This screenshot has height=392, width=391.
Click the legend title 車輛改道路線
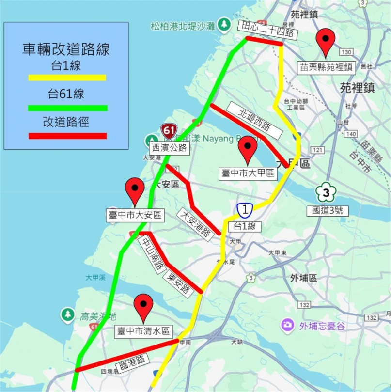click(66, 49)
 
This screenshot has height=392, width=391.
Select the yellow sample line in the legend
click(67, 78)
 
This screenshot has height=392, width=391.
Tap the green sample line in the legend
click(67, 108)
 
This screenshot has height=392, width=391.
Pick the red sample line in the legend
click(67, 136)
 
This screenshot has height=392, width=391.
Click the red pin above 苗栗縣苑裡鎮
click(325, 41)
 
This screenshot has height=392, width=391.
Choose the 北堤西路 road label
click(254, 120)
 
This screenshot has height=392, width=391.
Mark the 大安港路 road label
click(196, 223)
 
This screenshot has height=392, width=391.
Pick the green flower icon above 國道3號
click(327, 193)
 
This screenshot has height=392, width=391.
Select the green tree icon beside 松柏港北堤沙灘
click(224, 23)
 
